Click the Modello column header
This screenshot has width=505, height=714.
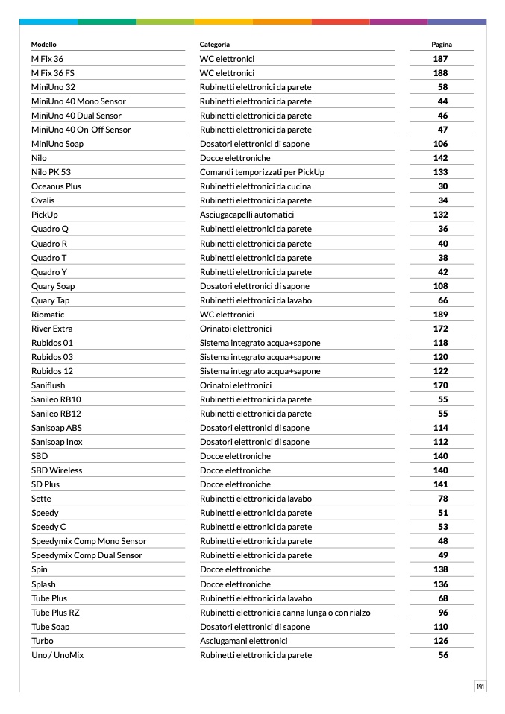[x=44, y=45]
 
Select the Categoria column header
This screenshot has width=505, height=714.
[x=215, y=45]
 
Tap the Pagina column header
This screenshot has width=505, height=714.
[x=442, y=45]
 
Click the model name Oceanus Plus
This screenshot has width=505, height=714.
[x=56, y=186]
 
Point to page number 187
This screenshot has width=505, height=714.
[x=441, y=59]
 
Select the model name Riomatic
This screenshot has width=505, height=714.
[x=48, y=315]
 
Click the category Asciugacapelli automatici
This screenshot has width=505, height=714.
[x=247, y=215]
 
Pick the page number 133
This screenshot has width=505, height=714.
[x=441, y=172]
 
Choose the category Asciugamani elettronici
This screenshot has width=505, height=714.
[x=243, y=641]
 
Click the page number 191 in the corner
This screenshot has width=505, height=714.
[x=480, y=686]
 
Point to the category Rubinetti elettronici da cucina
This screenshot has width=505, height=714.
[x=255, y=186]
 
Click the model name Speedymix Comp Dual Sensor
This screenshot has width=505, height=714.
[x=87, y=555]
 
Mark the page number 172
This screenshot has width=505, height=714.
[x=441, y=329]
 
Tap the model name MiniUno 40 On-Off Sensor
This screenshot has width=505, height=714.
[x=81, y=130]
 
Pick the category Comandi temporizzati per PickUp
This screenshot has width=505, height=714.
[x=262, y=172]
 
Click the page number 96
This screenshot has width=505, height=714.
[x=443, y=613]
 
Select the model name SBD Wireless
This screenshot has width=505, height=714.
[x=57, y=470]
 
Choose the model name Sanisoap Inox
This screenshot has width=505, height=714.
[x=57, y=442]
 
